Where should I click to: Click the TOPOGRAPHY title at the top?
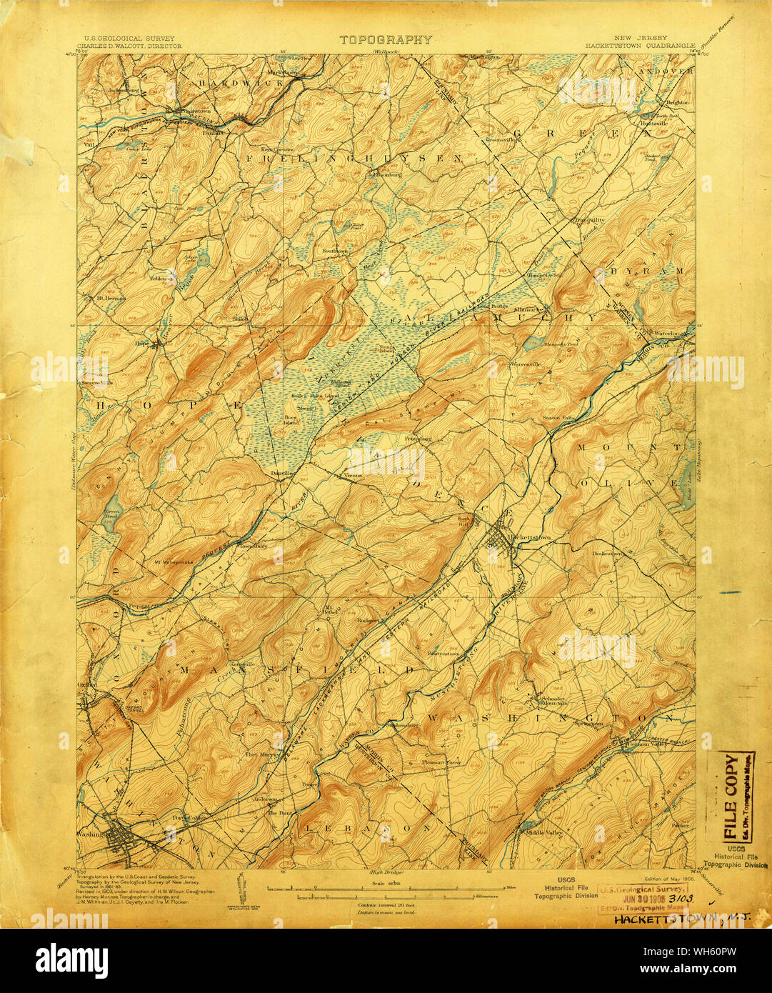385,40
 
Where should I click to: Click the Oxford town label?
89,684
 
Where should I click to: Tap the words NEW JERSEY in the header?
647,37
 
